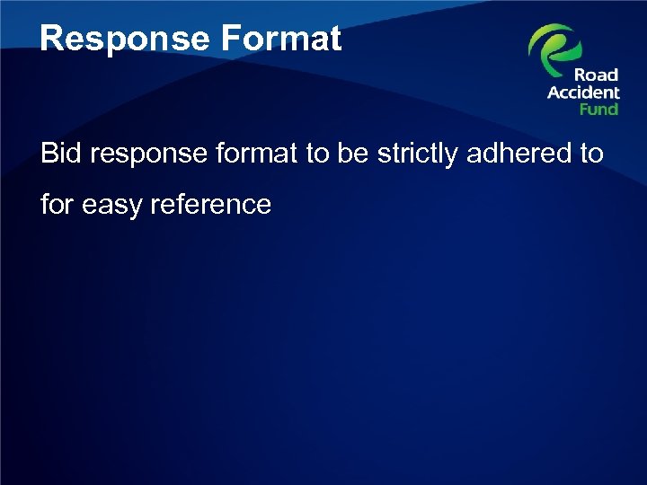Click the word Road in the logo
(597, 75)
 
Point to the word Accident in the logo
(584, 93)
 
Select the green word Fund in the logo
(598, 109)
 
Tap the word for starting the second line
(58, 204)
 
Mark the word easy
(112, 206)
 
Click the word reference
(212, 204)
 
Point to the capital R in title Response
(51, 40)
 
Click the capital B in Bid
(49, 154)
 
